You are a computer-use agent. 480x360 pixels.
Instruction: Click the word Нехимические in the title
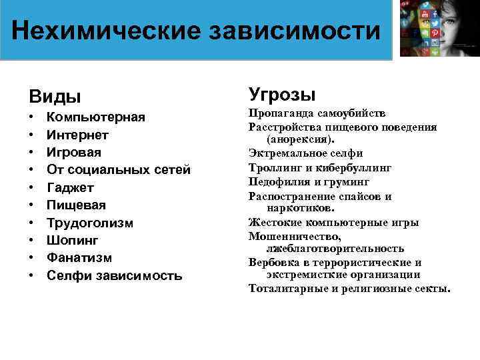click(x=106, y=31)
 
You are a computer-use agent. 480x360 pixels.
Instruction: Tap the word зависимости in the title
click(x=295, y=31)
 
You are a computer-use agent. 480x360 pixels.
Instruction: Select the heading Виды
click(x=55, y=97)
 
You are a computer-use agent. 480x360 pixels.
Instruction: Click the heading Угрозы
click(x=281, y=95)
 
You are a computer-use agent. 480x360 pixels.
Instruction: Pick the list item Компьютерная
click(x=96, y=117)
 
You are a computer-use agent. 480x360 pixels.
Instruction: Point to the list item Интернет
click(x=77, y=135)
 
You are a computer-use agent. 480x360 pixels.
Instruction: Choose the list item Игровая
click(x=74, y=153)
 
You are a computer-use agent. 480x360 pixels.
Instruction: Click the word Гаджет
click(x=71, y=187)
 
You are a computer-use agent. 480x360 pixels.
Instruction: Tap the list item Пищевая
click(x=76, y=205)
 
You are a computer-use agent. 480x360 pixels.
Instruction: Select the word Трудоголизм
click(x=90, y=223)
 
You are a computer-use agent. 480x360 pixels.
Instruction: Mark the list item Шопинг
click(x=72, y=240)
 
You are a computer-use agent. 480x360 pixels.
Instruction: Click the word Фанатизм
click(x=79, y=258)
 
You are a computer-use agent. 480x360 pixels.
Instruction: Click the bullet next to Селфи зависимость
click(x=31, y=275)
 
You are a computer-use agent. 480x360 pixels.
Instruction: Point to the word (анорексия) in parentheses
click(x=300, y=139)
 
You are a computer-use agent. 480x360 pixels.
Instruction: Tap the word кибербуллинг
click(x=353, y=168)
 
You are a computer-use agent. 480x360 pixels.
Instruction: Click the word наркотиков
click(x=300, y=208)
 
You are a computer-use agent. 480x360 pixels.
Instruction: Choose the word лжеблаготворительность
click(x=335, y=249)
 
